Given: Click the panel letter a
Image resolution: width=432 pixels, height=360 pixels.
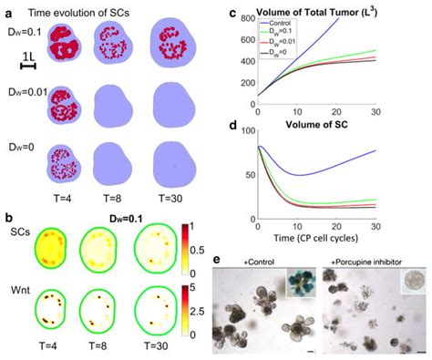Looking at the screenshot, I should (6, 10).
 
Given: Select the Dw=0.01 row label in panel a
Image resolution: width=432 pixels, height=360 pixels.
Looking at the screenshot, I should (21, 93).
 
